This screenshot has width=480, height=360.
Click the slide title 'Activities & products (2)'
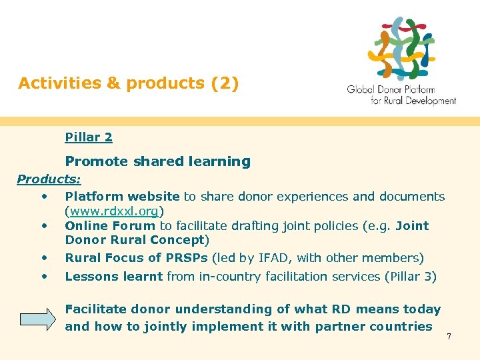pos(128,83)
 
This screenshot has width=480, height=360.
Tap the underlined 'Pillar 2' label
pos(89,137)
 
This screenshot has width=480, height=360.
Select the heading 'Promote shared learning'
pos(157,161)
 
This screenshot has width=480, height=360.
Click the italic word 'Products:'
pos(49,179)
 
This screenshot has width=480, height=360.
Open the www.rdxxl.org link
pos(114,211)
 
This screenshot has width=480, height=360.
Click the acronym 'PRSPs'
pos(190,258)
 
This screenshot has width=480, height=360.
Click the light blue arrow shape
pos(38,318)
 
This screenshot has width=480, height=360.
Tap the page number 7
pos(449,337)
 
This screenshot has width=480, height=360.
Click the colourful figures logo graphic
pos(403,48)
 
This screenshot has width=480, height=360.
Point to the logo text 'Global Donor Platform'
pos(391,90)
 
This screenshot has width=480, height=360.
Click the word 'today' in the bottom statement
pos(421,309)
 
